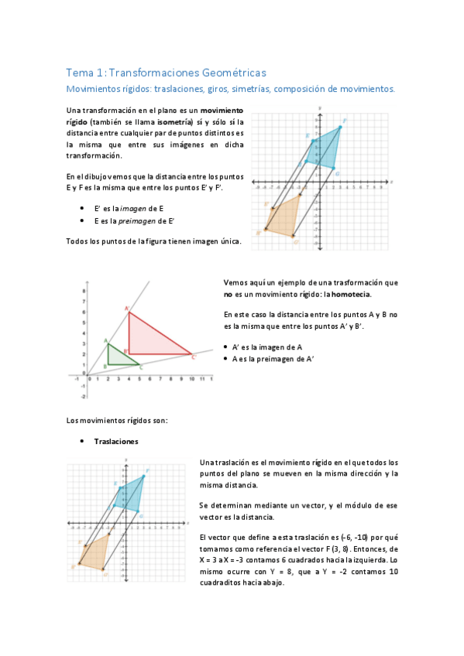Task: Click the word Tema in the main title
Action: pyautogui.click(x=77, y=73)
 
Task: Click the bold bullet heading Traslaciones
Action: pyautogui.click(x=116, y=442)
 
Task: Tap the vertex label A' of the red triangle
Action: pyautogui.click(x=126, y=308)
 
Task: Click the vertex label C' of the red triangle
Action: pyautogui.click(x=194, y=357)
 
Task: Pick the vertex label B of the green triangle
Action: pyautogui.click(x=105, y=365)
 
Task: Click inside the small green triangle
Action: pyautogui.click(x=118, y=357)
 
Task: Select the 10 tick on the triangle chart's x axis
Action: pyautogui.click(x=191, y=379)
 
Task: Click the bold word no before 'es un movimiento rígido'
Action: pyautogui.click(x=228, y=294)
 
